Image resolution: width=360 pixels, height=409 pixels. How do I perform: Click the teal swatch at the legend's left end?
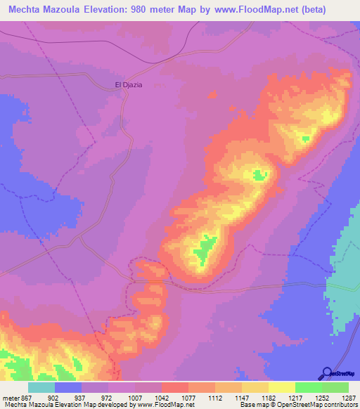click(x=41, y=387)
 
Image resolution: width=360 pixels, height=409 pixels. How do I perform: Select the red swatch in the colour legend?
click(x=175, y=387)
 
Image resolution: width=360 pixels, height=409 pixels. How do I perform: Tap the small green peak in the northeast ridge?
click(x=304, y=138)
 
